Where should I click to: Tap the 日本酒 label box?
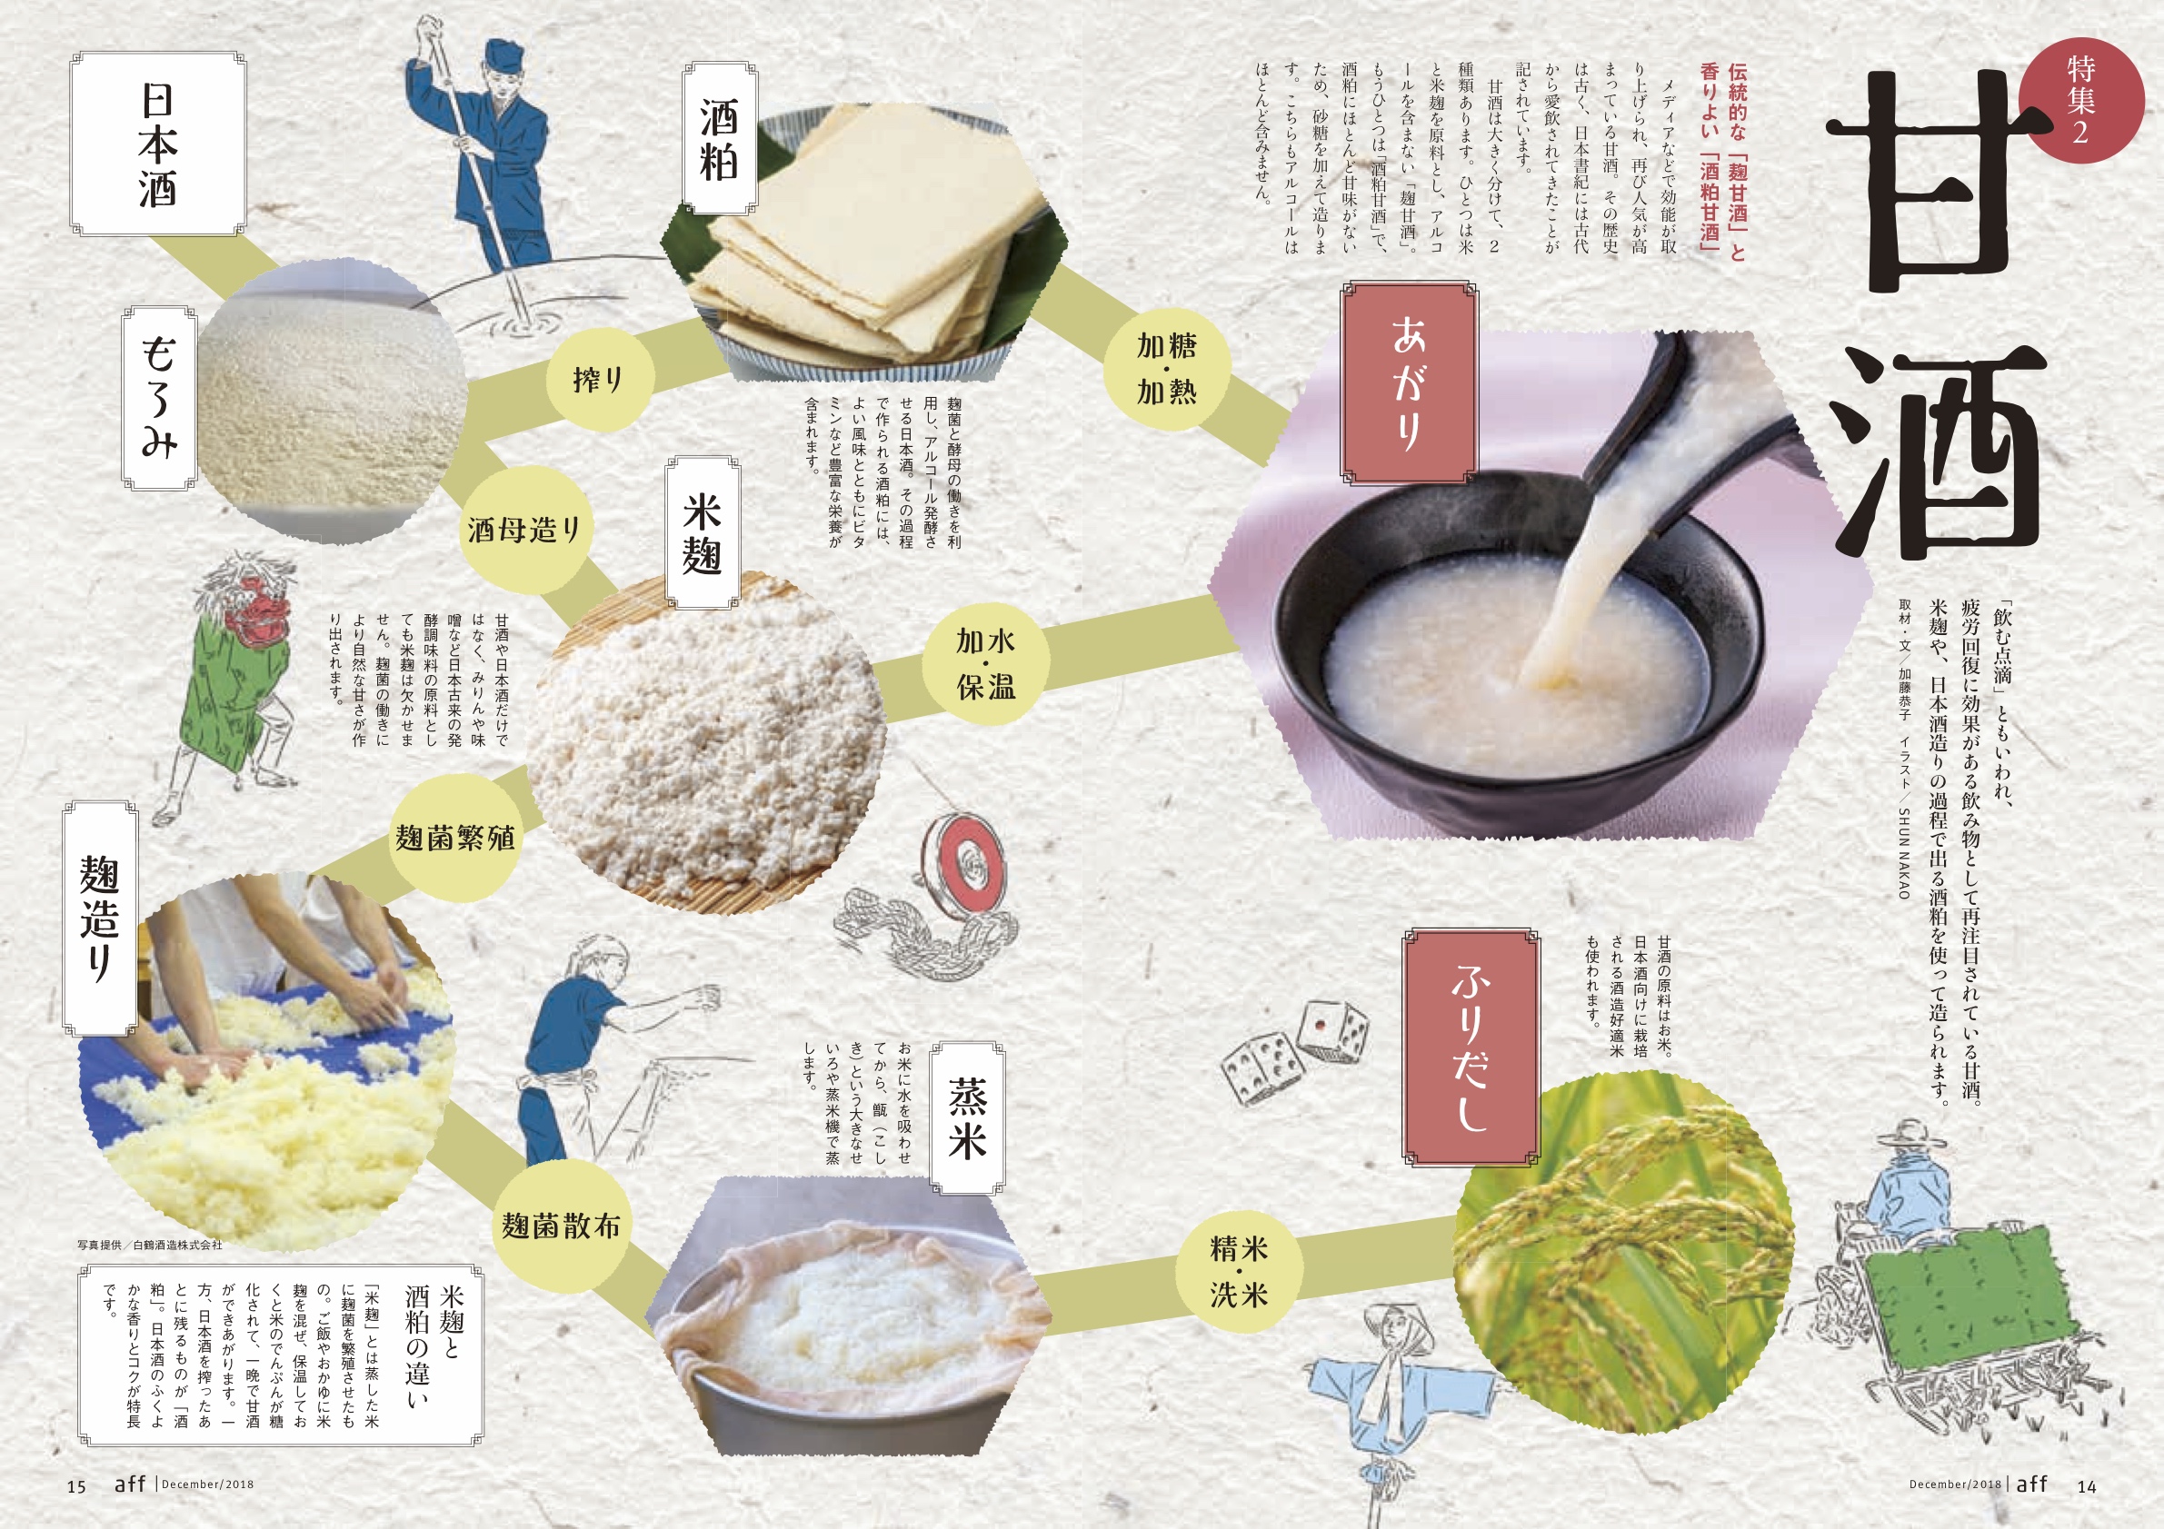(x=158, y=144)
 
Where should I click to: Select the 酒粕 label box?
(x=720, y=138)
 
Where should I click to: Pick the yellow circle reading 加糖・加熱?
(x=1167, y=368)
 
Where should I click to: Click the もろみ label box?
(x=159, y=398)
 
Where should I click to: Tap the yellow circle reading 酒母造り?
(x=524, y=530)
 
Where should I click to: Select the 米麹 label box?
(x=703, y=533)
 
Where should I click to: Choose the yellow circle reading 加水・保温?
(x=986, y=663)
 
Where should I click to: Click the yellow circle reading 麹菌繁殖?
(x=455, y=837)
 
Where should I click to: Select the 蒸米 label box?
(x=967, y=1117)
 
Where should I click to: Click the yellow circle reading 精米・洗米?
(x=1239, y=1271)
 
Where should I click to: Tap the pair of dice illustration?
(x=1294, y=1054)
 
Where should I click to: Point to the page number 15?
(x=76, y=1486)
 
